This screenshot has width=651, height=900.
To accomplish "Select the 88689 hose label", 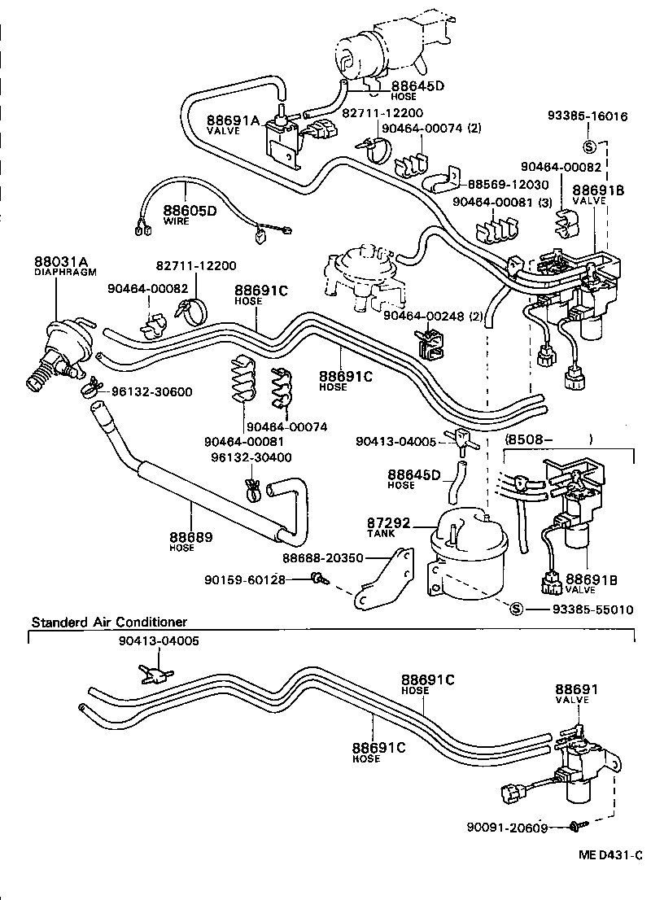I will pos(190,537).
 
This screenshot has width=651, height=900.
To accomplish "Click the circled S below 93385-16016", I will pos(591,146).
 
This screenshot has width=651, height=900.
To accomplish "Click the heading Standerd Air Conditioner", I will pos(109,623).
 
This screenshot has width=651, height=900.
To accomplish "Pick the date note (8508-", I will pos(530,440).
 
